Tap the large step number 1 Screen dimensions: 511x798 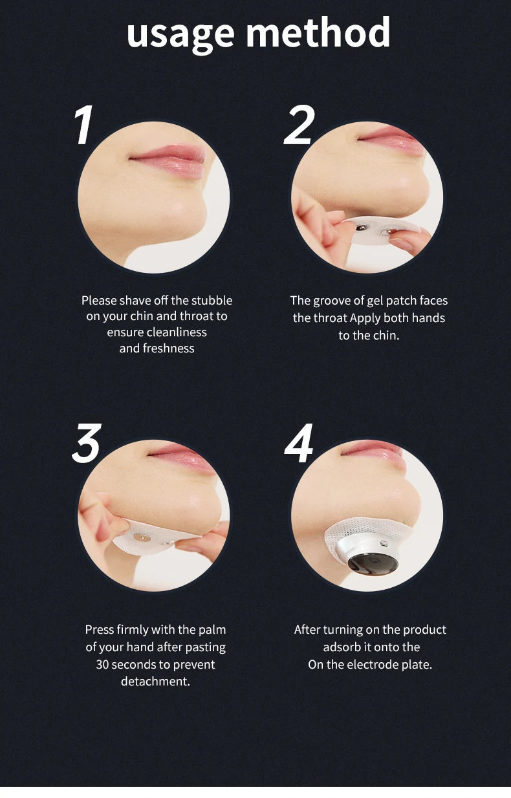(84, 125)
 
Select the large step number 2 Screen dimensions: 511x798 (299, 125)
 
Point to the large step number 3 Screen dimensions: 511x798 (86, 444)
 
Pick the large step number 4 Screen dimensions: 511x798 (299, 443)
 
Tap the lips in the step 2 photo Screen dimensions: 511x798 (391, 140)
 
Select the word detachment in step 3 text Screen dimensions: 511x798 (155, 681)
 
